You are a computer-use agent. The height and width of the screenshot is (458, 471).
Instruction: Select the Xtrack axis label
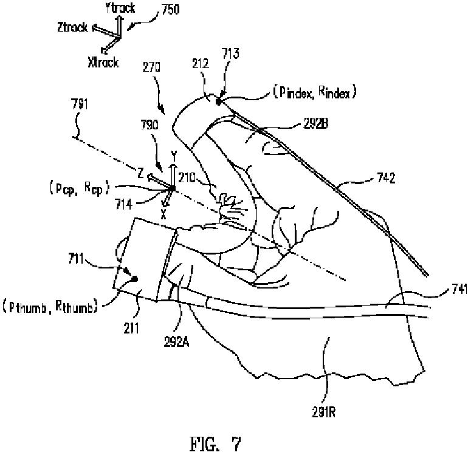coord(103,62)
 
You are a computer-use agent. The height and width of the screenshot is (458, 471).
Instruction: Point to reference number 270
coord(151,70)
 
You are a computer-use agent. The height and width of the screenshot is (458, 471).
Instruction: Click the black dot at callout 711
coord(134,278)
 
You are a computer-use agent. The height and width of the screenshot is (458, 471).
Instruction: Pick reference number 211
coord(131,329)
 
